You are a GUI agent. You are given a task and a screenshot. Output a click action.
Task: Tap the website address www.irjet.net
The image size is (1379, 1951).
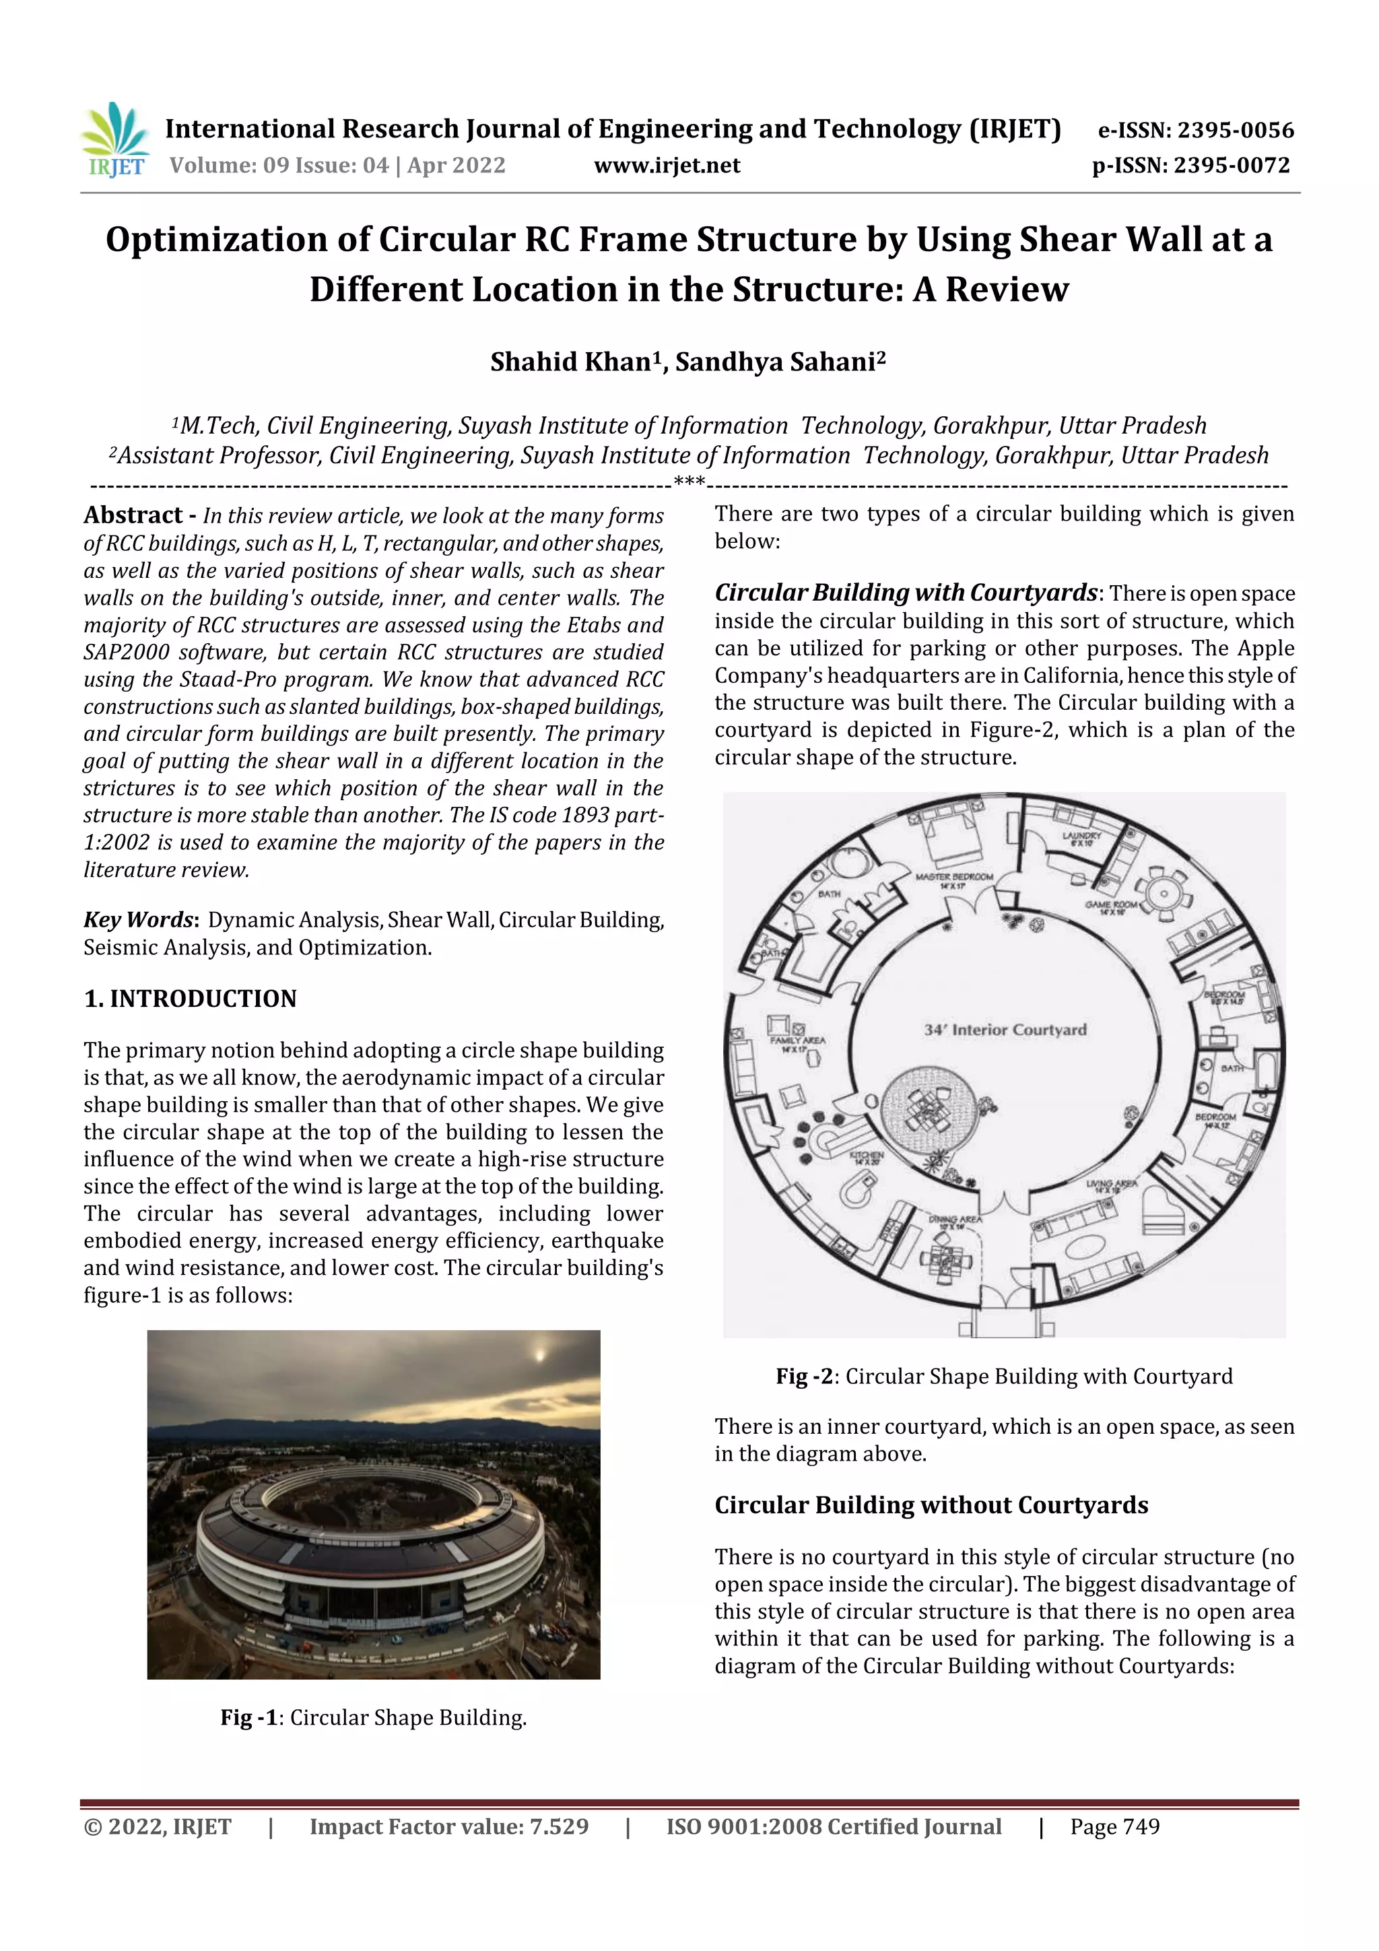pyautogui.click(x=667, y=166)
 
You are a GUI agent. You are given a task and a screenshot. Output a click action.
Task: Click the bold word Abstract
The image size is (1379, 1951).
pyautogui.click(x=133, y=515)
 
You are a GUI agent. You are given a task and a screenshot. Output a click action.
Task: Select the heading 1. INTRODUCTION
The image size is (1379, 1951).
pyautogui.click(x=191, y=999)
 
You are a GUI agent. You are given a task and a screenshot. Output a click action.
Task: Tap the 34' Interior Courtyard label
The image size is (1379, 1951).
pyautogui.click(x=1005, y=1030)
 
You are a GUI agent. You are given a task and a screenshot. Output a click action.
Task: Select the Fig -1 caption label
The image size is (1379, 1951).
pyautogui.click(x=250, y=1717)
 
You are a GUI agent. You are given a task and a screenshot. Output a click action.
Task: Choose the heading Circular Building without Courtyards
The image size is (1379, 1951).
pyautogui.click(x=931, y=1505)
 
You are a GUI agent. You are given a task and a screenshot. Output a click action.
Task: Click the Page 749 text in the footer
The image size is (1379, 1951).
pyautogui.click(x=1115, y=1827)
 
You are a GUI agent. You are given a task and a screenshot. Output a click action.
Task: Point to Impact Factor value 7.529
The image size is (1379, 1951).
pyautogui.click(x=448, y=1827)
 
